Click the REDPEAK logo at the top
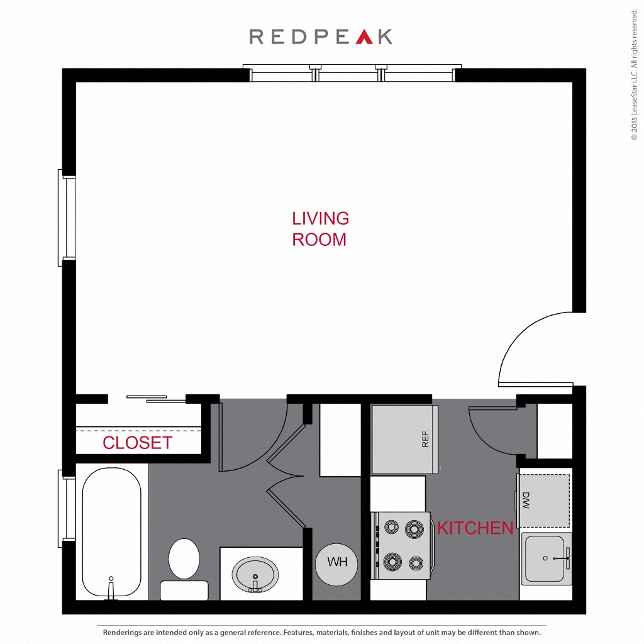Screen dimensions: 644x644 [x=321, y=36]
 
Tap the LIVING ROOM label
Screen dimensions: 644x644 [x=320, y=229]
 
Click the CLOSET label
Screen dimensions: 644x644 [x=137, y=443]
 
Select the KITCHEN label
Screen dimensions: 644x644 [x=475, y=528]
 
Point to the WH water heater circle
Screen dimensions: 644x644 [x=337, y=562]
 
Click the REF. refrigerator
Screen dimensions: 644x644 [x=404, y=439]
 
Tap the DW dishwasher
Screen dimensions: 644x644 [x=545, y=501]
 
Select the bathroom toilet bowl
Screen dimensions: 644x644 [x=184, y=558]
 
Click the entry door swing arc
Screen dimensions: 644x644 [x=525, y=343]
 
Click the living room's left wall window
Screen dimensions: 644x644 [x=68, y=217]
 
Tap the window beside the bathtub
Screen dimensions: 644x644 [x=68, y=508]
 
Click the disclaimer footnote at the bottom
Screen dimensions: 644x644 [x=321, y=632]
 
